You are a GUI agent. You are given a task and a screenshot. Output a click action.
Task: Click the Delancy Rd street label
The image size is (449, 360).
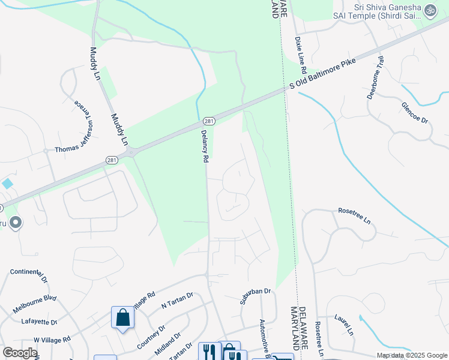(204, 147)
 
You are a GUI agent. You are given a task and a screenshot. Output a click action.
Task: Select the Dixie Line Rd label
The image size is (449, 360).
(300, 49)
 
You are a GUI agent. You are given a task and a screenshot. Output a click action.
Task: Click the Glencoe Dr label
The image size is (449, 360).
(415, 112)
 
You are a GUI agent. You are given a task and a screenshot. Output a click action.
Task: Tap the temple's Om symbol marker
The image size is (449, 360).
(430, 10)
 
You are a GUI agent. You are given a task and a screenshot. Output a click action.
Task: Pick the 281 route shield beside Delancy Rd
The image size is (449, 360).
(205, 120)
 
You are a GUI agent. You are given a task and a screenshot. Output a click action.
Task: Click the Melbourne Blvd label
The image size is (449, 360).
(35, 304)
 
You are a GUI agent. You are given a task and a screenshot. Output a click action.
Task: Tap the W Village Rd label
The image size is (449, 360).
(52, 340)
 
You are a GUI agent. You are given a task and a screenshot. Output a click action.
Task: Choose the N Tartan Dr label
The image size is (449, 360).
(177, 299)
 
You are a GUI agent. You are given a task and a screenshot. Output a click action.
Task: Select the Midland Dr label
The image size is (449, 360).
(169, 343)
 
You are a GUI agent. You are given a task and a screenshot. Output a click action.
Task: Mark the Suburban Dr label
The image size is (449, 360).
(256, 296)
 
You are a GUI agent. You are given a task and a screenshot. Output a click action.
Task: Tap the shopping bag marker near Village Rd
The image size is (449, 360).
(122, 317)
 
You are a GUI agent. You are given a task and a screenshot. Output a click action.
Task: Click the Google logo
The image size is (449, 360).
(20, 353)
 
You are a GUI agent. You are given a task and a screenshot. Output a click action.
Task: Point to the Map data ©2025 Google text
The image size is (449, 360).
(411, 355)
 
